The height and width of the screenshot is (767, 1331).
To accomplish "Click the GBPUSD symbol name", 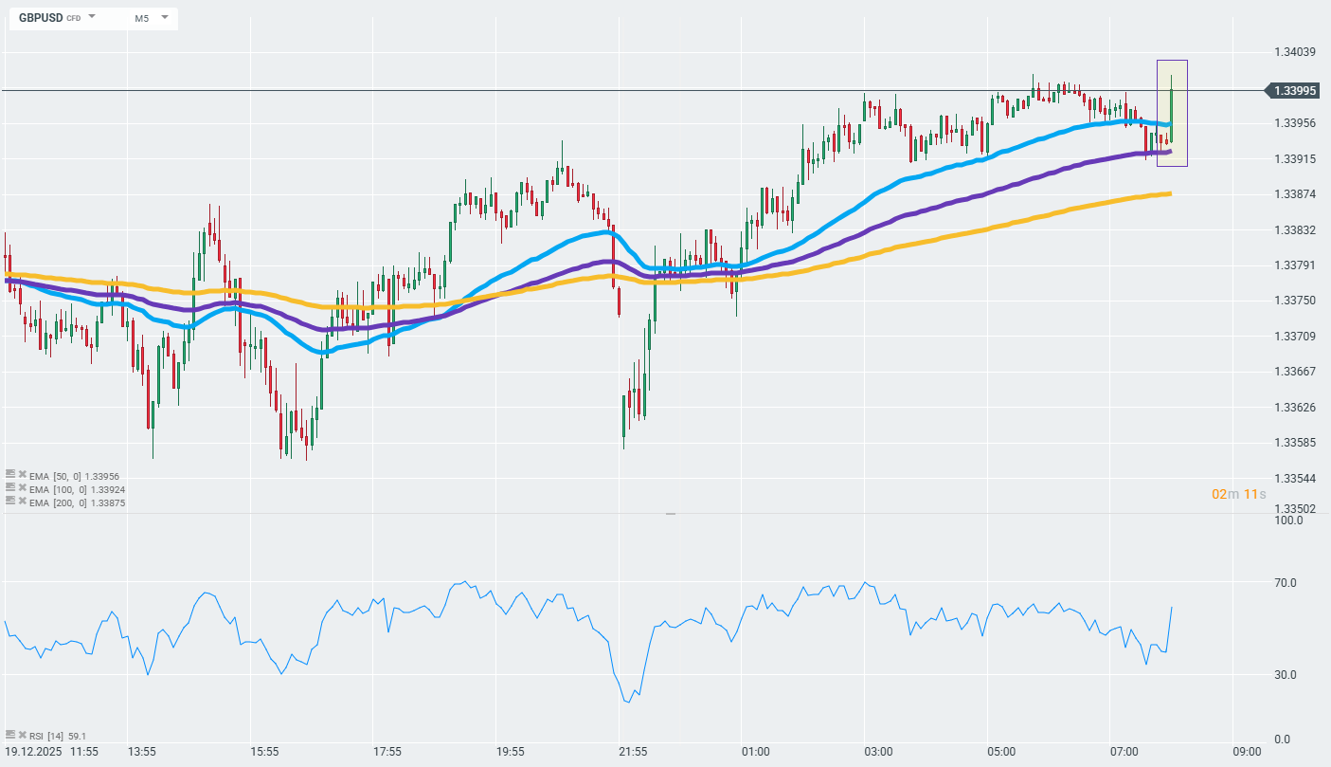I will click(x=41, y=18).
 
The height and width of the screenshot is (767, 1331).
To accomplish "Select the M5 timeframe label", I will click(x=141, y=18).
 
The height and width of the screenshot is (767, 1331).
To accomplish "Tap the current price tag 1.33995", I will click(x=1295, y=91).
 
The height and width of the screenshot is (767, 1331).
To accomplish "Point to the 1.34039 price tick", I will click(x=1295, y=52).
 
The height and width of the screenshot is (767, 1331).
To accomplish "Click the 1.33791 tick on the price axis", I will click(x=1295, y=265).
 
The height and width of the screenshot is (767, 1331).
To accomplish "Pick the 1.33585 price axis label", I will click(x=1295, y=443).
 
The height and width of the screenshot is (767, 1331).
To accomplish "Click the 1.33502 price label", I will click(x=1295, y=509).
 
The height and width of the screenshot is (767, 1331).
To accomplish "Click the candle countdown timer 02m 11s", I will click(x=1238, y=494).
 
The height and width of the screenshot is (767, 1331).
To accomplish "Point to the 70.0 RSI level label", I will click(x=1286, y=583).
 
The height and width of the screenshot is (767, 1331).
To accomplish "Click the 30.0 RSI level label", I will click(x=1286, y=675).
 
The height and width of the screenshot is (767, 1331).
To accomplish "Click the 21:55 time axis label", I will click(x=633, y=752).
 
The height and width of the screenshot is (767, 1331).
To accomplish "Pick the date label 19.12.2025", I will click(x=37, y=752).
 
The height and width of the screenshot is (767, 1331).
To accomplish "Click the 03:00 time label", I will click(x=878, y=752).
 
